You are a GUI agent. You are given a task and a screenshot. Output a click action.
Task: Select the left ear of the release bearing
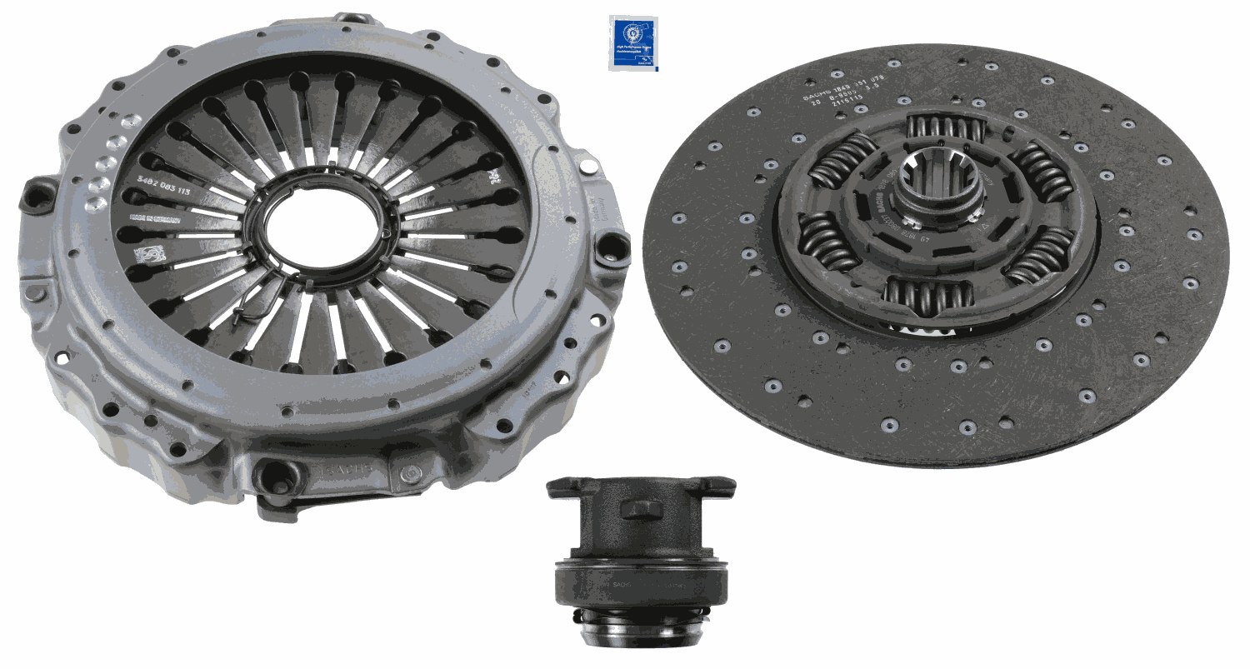[x=564, y=487]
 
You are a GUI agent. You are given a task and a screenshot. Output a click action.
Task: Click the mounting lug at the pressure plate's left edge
[x=37, y=195]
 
